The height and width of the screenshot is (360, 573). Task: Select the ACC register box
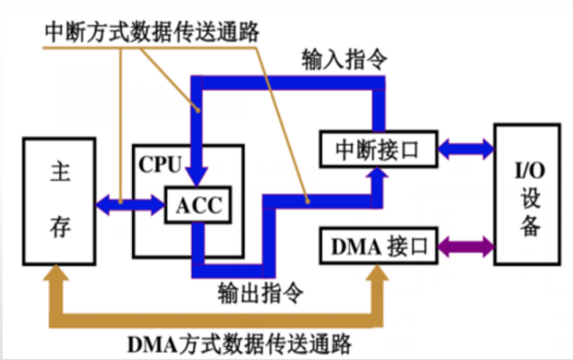coord(198,205)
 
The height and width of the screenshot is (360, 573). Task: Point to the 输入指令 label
coord(334,59)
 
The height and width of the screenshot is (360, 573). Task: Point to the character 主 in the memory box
coord(60,172)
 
